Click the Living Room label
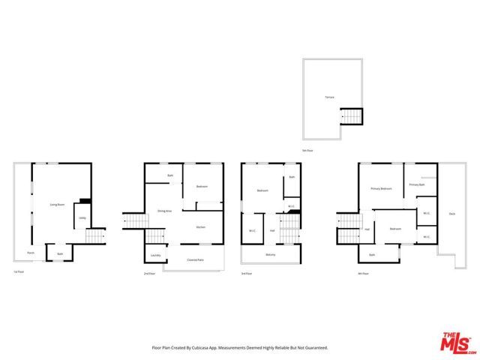(x=55, y=205)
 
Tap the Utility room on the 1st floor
(x=81, y=219)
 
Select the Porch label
(x=31, y=253)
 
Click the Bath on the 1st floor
(x=60, y=253)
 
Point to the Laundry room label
(x=155, y=256)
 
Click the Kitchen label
(x=201, y=227)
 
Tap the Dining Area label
(x=164, y=211)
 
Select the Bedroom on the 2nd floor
(x=202, y=187)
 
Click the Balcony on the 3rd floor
(x=270, y=255)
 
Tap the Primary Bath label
(x=417, y=184)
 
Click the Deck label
(x=451, y=214)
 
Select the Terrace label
(x=329, y=97)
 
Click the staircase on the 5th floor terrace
(x=351, y=117)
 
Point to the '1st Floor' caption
(x=19, y=271)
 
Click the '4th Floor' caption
(x=364, y=274)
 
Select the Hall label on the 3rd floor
(x=271, y=230)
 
